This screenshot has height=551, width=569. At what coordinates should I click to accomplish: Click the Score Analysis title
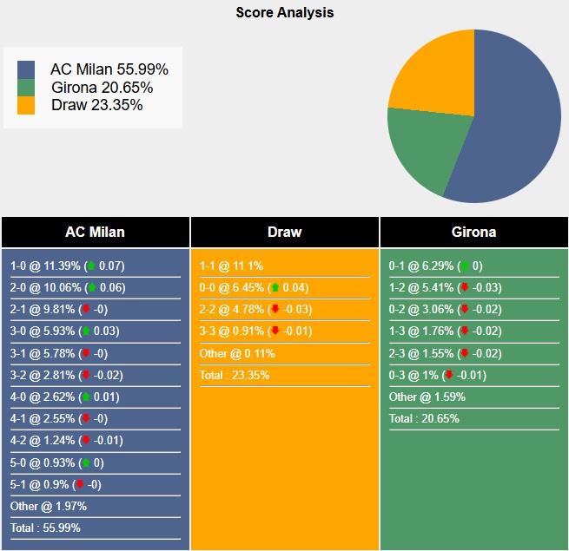pyautogui.click(x=284, y=13)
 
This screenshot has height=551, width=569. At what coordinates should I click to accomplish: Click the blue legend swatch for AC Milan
pyautogui.click(x=26, y=69)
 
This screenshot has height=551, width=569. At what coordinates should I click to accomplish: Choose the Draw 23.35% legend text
pyautogui.click(x=96, y=105)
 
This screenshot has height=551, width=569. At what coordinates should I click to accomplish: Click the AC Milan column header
pyautogui.click(x=95, y=232)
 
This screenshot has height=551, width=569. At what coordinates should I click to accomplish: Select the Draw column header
pyautogui.click(x=284, y=232)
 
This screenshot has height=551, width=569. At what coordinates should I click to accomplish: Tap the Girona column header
pyautogui.click(x=473, y=232)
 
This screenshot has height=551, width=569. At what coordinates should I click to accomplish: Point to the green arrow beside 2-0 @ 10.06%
pyautogui.click(x=91, y=288)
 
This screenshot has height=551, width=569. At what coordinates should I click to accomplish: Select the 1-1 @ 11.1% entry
pyautogui.click(x=231, y=266)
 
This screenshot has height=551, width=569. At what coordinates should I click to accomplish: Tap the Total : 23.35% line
pyautogui.click(x=235, y=375)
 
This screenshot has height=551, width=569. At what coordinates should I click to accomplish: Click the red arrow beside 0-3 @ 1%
pyautogui.click(x=448, y=375)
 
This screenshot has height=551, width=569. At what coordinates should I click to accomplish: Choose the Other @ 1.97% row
pyautogui.click(x=49, y=506)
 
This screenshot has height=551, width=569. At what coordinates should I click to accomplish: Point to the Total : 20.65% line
pyautogui.click(x=424, y=418)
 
